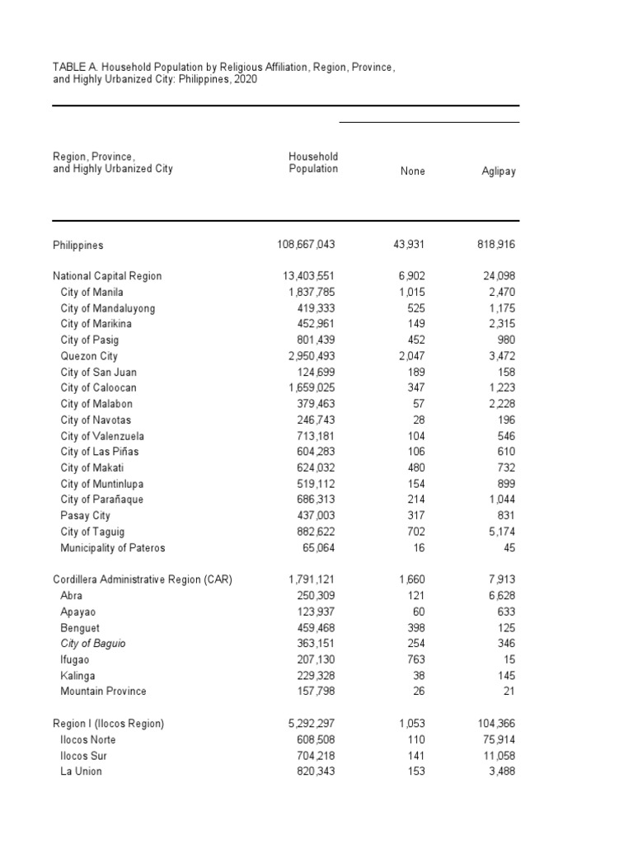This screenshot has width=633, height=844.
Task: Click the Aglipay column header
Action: click(499, 171)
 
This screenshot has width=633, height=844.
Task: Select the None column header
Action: click(413, 171)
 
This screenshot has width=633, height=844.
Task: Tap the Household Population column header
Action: click(313, 162)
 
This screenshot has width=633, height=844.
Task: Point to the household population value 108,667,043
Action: click(306, 245)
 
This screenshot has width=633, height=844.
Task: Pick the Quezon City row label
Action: click(89, 356)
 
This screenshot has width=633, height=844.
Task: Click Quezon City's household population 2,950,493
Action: click(310, 356)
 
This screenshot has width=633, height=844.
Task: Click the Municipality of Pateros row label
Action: click(113, 548)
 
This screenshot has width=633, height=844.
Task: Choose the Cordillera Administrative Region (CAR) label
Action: click(143, 579)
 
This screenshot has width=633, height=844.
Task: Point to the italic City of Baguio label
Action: click(93, 644)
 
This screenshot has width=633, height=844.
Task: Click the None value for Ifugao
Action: click(415, 659)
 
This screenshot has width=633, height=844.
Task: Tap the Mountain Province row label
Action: click(103, 692)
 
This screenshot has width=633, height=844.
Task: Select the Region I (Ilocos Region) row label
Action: click(108, 724)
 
